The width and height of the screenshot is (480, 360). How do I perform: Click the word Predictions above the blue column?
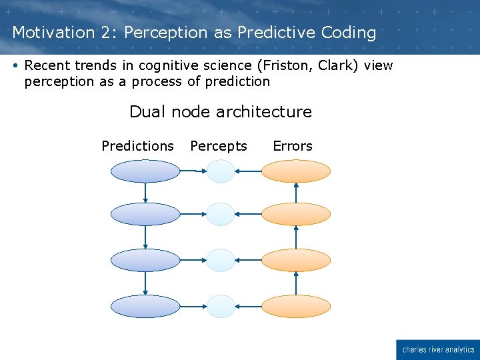[x=137, y=146]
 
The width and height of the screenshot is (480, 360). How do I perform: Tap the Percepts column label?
[x=219, y=146]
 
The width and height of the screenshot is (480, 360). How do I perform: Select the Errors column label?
[x=293, y=146]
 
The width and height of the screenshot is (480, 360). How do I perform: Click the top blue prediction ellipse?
[x=145, y=171]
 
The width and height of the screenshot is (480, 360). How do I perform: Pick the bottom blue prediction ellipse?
[x=145, y=307]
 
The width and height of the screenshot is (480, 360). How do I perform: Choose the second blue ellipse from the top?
[x=145, y=214]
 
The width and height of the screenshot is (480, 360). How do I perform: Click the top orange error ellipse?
[x=296, y=171]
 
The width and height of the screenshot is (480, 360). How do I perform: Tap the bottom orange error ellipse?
[x=296, y=307]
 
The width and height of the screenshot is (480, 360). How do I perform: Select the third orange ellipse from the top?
[x=296, y=260]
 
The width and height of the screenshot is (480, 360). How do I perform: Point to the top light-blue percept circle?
[x=221, y=171]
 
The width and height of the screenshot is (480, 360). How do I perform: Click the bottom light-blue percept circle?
[x=221, y=307]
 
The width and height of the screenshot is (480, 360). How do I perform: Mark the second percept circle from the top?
[x=221, y=214]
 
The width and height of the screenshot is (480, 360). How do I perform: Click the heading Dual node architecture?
[x=221, y=111]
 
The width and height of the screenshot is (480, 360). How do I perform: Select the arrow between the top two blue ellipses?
[x=145, y=193]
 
